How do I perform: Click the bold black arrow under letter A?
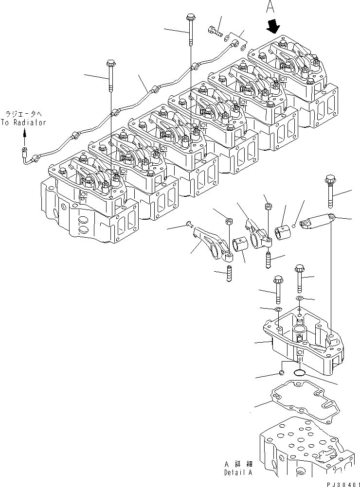click(273, 25)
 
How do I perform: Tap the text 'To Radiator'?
click(23, 122)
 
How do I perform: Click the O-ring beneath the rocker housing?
click(300, 373)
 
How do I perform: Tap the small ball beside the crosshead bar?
click(294, 225)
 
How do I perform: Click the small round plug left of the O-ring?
click(281, 373)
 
